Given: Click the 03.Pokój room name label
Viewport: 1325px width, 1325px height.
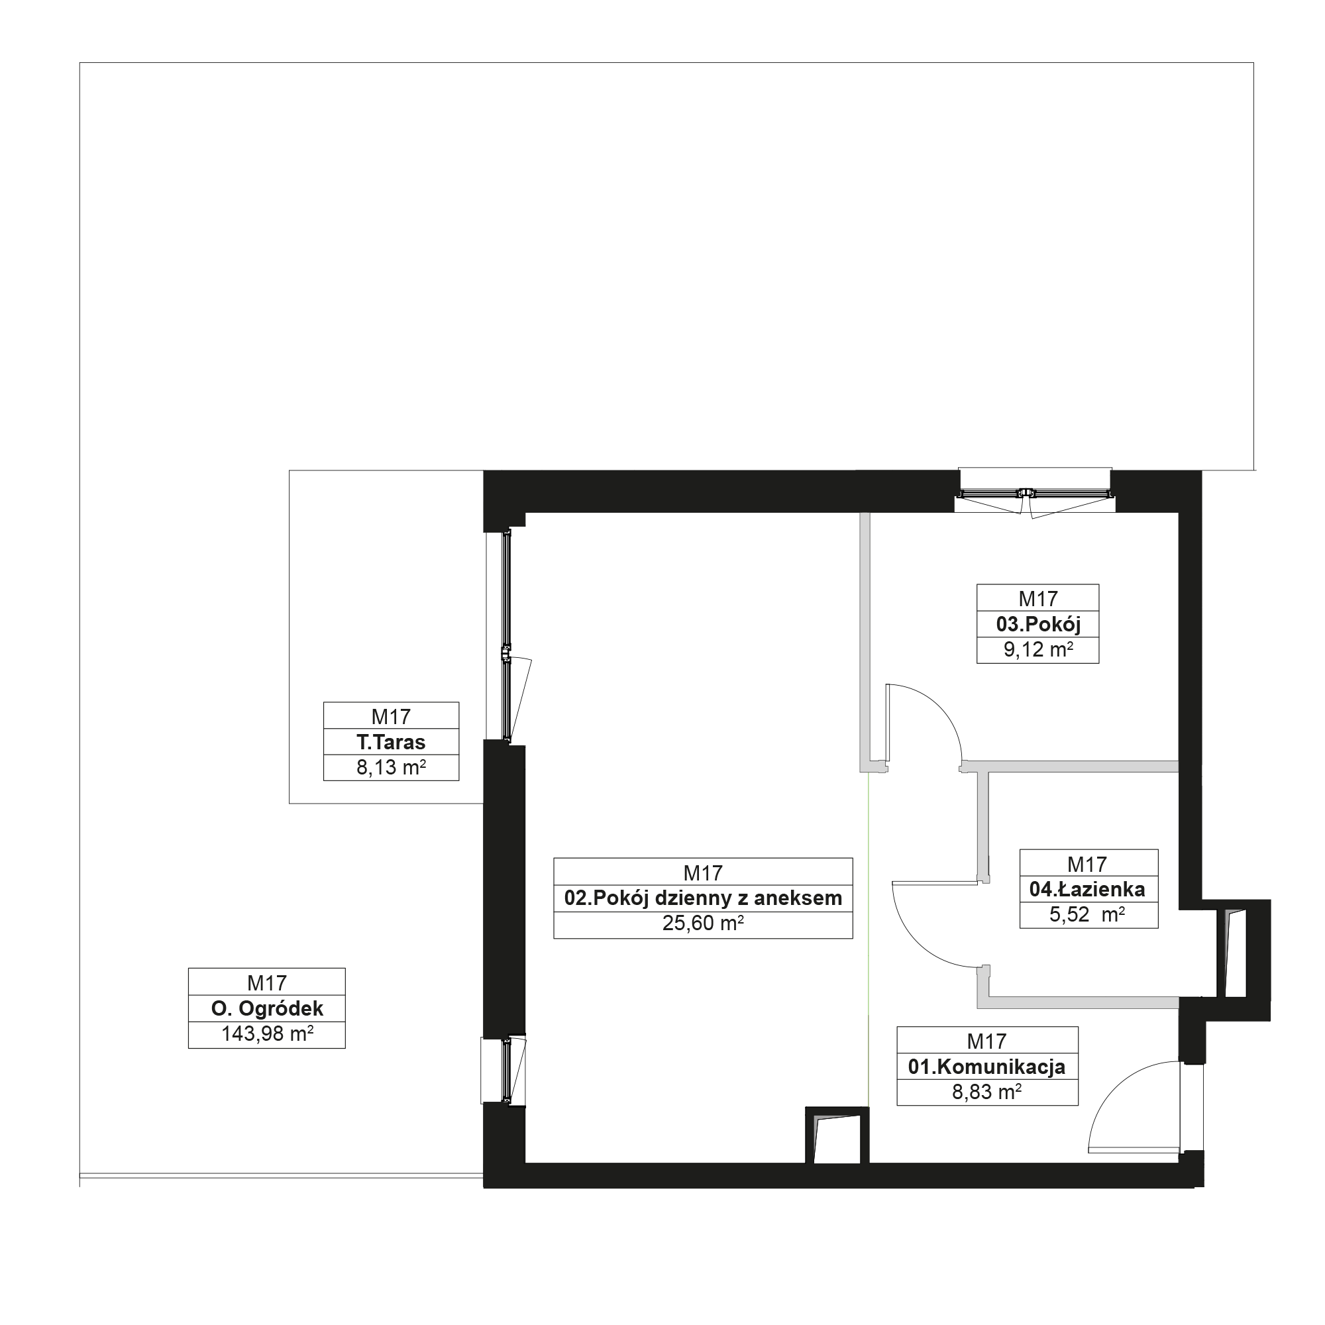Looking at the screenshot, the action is (x=1037, y=624).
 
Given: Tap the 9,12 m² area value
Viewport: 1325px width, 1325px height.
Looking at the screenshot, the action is (x=1037, y=649).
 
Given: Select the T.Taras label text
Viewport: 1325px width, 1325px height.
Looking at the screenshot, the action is (x=391, y=742).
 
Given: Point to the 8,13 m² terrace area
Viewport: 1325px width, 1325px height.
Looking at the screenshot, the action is (x=391, y=767).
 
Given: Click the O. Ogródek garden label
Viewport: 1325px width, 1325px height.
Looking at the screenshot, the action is (x=267, y=1008).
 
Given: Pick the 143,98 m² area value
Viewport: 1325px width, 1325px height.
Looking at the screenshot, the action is (x=267, y=1033).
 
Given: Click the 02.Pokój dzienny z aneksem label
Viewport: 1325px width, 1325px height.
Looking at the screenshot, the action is (x=703, y=898).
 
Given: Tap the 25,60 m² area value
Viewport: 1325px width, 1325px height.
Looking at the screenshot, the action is (x=703, y=923).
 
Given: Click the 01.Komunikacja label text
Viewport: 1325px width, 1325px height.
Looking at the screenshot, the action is (x=986, y=1067).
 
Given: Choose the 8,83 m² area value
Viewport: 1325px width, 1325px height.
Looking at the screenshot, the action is (x=986, y=1092).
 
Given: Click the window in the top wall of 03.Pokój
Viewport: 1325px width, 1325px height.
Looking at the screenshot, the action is (x=1034, y=493).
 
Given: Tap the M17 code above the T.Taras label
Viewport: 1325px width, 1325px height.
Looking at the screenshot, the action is (x=391, y=717).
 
